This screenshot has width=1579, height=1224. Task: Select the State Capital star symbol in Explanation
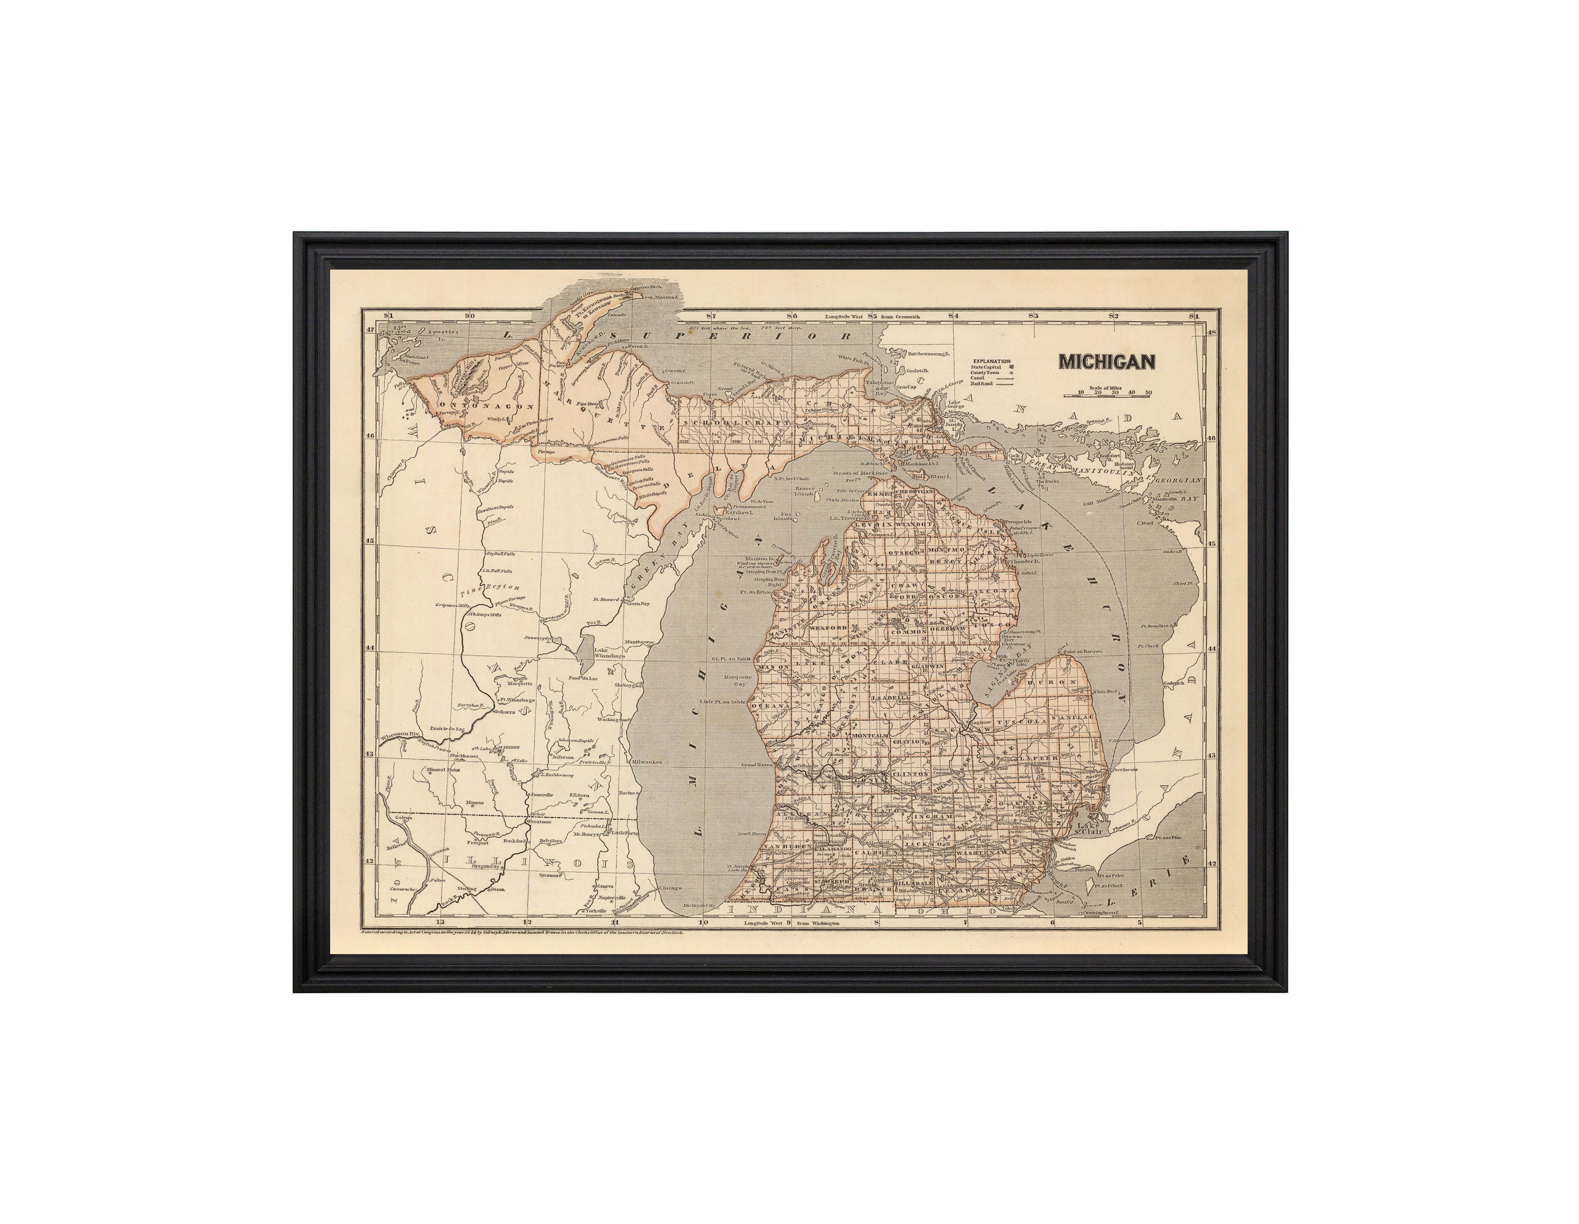(1012, 367)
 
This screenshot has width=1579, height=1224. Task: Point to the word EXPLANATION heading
(991, 360)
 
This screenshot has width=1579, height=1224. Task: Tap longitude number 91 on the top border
(388, 315)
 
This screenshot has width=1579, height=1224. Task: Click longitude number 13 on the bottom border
(440, 922)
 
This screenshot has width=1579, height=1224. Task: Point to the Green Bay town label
(638, 602)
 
